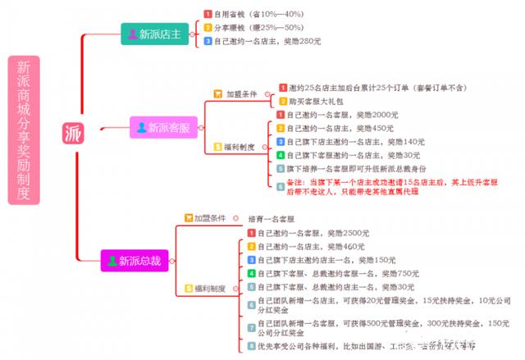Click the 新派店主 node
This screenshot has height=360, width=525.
[155, 34]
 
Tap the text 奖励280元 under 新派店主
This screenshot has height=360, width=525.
[299, 40]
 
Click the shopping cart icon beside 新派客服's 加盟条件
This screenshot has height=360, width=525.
[217, 93]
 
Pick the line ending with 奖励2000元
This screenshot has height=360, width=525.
[331, 115]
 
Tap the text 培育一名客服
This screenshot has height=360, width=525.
[272, 219]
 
